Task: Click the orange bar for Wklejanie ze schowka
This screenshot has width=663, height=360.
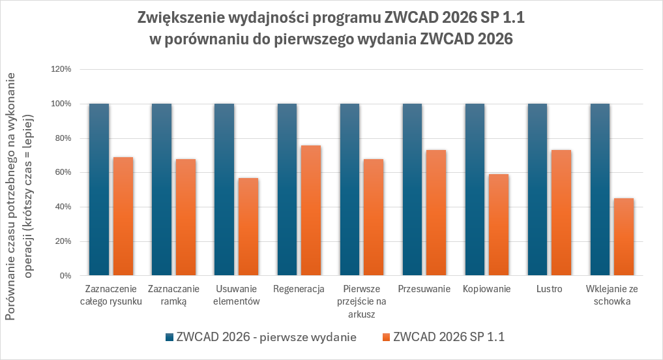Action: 623,237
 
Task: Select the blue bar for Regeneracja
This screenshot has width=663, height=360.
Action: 287,189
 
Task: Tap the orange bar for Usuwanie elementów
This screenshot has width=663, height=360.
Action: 248,226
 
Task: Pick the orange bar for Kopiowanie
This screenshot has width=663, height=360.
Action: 498,224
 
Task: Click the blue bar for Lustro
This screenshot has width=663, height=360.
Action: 538,189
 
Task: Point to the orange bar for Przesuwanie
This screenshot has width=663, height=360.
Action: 435,213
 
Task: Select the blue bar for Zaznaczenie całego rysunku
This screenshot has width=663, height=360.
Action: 99,189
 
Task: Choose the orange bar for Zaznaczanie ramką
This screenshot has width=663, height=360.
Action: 185,217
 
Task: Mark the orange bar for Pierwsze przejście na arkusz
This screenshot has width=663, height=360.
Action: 373,217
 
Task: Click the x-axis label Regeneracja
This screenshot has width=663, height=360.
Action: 299,290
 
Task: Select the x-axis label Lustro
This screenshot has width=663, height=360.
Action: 550,290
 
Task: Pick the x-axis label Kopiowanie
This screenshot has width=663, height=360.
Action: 486,290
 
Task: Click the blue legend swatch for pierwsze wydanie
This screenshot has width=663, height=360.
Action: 171,337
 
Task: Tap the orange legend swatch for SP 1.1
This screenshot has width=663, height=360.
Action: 385,337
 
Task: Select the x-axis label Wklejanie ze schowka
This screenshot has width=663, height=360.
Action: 611,295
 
